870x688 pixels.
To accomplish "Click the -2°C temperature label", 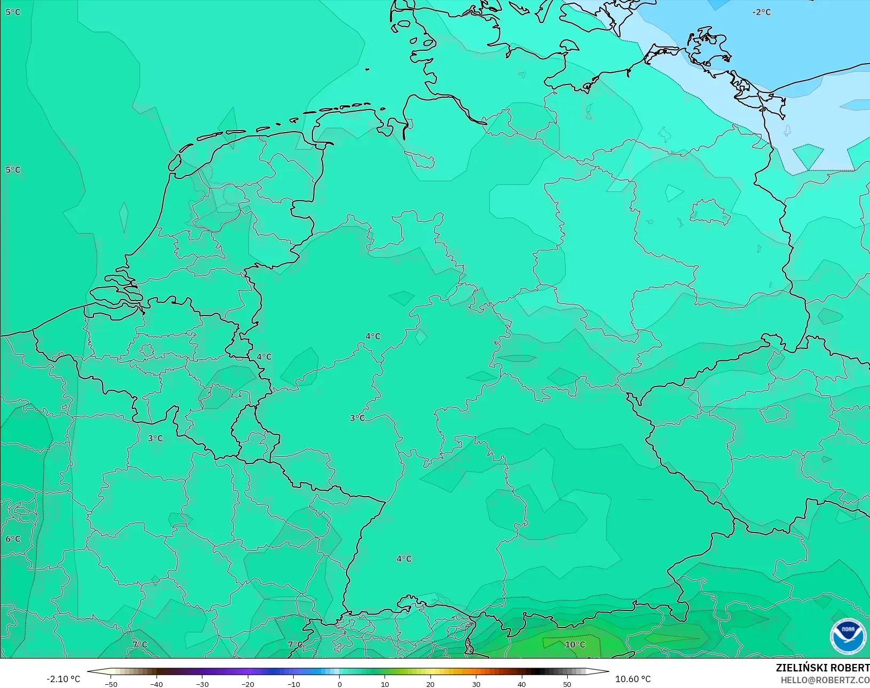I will click(x=762, y=12).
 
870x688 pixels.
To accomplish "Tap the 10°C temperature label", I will click(x=575, y=645).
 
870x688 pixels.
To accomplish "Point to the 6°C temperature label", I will click(x=13, y=539).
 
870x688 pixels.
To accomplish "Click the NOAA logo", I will click(x=848, y=636).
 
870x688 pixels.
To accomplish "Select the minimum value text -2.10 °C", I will click(x=63, y=679).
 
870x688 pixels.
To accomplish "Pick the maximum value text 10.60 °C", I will click(x=633, y=679).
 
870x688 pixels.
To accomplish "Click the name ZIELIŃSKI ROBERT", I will click(x=822, y=668).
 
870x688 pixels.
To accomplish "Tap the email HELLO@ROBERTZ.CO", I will click(x=825, y=680).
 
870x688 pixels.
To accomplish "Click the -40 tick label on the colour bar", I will click(x=156, y=684).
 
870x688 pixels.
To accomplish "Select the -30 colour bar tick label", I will click(x=202, y=684).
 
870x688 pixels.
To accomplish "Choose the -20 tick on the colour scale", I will click(x=247, y=684).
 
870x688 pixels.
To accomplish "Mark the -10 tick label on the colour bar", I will click(x=293, y=684).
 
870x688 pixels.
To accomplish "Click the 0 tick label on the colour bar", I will click(x=339, y=684).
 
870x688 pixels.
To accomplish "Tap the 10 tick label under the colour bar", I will click(x=385, y=684).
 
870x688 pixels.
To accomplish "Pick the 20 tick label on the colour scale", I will click(x=430, y=684).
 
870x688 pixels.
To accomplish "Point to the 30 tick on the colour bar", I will click(x=476, y=684).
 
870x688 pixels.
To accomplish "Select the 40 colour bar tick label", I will click(x=522, y=684).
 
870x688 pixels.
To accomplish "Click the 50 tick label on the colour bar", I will click(x=567, y=684).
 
